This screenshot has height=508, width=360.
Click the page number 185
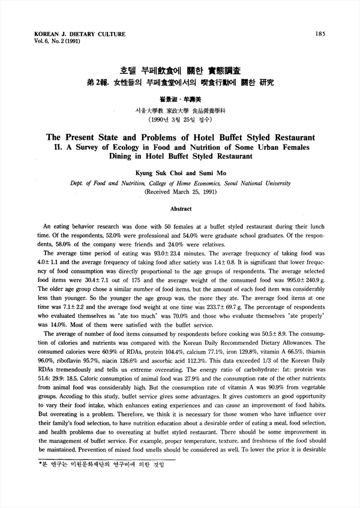click(x=320, y=34)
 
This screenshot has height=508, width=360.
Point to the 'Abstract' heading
click(x=181, y=209)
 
